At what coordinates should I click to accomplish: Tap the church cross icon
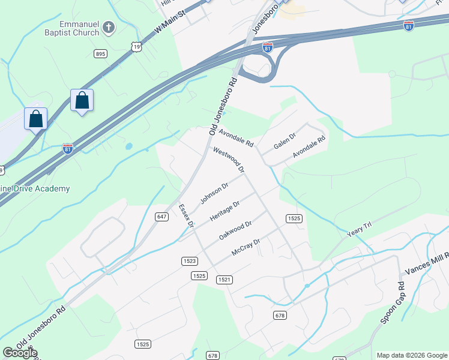point(108,27)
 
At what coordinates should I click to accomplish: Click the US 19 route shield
point(137,46)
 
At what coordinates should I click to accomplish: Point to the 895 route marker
point(100,54)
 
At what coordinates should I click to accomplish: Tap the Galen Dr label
point(285,142)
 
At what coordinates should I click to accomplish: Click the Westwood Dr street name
point(229,160)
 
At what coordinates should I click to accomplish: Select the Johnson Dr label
point(214,193)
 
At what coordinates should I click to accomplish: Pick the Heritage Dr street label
point(225,211)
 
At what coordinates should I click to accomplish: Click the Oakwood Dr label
point(235,230)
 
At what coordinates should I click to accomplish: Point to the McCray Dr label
point(246,248)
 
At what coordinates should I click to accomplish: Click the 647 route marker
point(161,217)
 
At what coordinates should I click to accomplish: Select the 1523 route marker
point(189,261)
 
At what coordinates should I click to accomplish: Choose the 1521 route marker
point(224,280)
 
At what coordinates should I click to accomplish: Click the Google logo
point(20,353)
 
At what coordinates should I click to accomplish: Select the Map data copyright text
point(411,355)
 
